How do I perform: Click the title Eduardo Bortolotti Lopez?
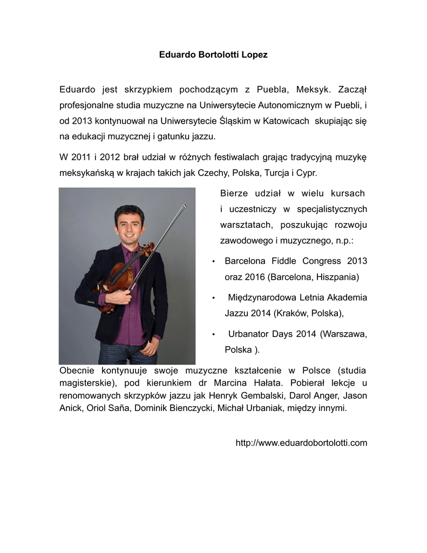coord(213,55)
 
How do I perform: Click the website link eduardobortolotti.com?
coord(301,443)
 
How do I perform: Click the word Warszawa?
coord(343,334)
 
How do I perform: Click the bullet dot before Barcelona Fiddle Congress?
coord(214,262)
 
